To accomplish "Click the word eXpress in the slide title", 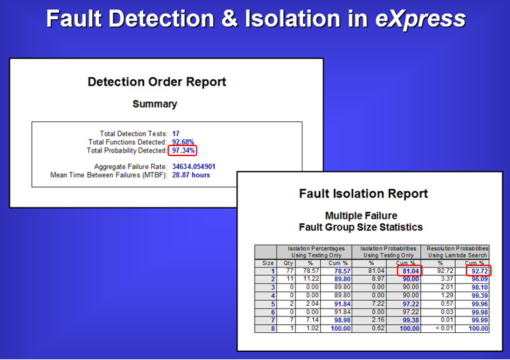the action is click(420, 19).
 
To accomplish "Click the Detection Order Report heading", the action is click(157, 82).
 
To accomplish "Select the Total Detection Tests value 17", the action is click(175, 133).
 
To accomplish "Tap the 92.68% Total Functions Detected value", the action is click(183, 142).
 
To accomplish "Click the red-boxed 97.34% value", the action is click(183, 150).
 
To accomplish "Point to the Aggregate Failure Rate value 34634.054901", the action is click(193, 167).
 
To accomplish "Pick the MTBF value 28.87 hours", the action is click(191, 175).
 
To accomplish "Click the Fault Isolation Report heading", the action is click(363, 193).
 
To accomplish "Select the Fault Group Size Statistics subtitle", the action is click(361, 227).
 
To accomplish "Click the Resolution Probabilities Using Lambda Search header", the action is click(457, 252).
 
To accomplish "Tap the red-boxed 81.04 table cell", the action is click(409, 271).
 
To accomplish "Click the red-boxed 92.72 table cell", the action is click(479, 271).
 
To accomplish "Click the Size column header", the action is click(267, 263).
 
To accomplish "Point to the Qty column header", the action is click(288, 263).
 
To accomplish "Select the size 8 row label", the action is click(273, 329).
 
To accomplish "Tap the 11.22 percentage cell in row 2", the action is click(311, 279).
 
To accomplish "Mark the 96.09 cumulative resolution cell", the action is click(480, 279).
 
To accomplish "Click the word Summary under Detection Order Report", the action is click(155, 104).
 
